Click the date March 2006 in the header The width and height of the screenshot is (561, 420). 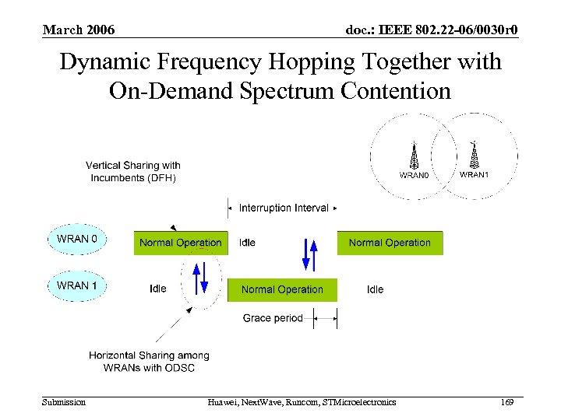tap(79, 30)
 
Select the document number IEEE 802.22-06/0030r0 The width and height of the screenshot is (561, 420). tap(432, 30)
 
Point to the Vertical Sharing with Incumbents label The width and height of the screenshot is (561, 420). tap(133, 171)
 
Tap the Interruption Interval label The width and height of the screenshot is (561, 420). tap(283, 208)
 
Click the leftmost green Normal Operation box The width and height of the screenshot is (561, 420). tap(181, 243)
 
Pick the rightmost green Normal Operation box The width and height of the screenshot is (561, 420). tap(390, 243)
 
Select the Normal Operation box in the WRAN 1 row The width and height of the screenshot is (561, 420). tap(282, 289)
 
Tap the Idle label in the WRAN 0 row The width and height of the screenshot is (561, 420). tap(247, 243)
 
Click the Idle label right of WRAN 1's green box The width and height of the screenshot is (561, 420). tap(375, 289)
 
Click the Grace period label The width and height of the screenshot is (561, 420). tap(273, 318)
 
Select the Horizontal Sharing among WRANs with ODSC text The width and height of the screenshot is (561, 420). tap(149, 362)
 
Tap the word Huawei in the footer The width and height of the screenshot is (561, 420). tap(224, 402)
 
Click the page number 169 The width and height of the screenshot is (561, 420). tap(507, 402)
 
